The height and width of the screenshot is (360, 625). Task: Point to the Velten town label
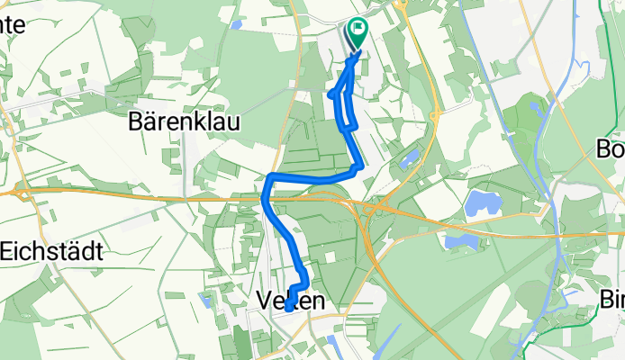click(290, 301)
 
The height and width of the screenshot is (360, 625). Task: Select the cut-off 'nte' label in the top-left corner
click(12, 25)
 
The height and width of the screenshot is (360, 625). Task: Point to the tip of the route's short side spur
click(331, 94)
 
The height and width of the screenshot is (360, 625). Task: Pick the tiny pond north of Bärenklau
click(236, 24)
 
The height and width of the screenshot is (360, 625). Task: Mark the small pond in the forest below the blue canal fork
click(538, 110)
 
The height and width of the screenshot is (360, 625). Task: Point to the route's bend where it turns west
click(359, 166)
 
